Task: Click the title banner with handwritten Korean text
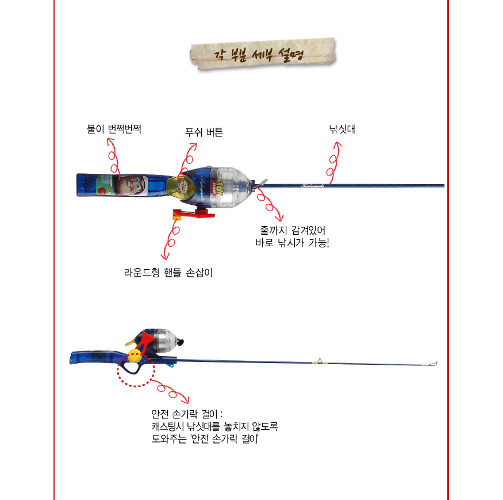tap(263, 54)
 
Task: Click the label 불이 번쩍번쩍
tap(114, 129)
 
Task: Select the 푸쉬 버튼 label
tap(203, 132)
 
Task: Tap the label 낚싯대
tap(342, 129)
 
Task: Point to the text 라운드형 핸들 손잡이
tap(168, 273)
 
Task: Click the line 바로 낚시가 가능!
tap(292, 242)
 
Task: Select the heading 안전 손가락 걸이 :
tap(187, 414)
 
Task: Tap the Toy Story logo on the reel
tap(218, 188)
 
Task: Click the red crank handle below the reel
tap(193, 213)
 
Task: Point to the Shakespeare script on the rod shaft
tap(313, 186)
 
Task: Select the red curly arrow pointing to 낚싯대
tap(333, 162)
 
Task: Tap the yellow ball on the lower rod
tap(135, 356)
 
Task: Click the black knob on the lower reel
tap(181, 342)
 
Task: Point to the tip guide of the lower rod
tap(433, 364)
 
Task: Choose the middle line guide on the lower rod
tap(320, 361)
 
